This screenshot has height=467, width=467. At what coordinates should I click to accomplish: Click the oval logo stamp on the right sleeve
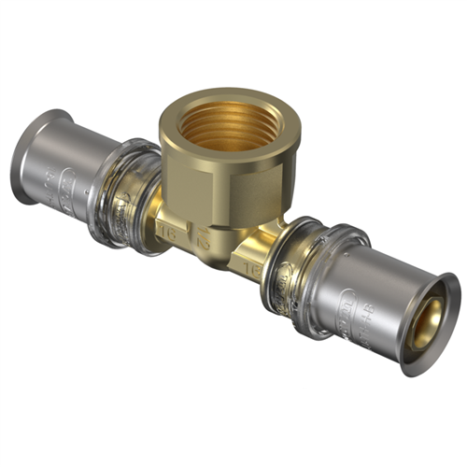tap(348, 303)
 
